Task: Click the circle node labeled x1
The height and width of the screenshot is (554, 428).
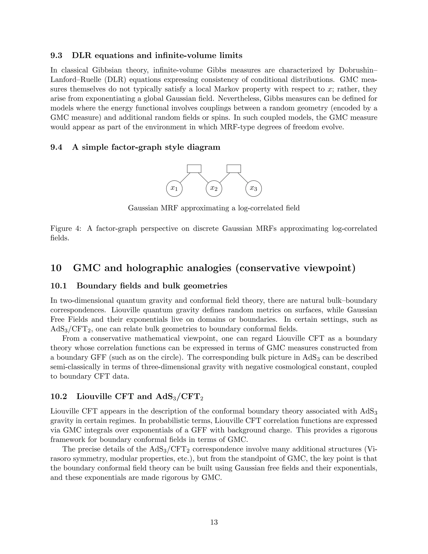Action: pyautogui.click(x=174, y=189)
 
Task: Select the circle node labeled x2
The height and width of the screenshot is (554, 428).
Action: pyautogui.click(x=214, y=189)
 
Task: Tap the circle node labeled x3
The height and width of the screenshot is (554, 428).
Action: pyautogui.click(x=253, y=189)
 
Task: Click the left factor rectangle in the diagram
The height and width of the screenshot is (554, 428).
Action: pyautogui.click(x=194, y=169)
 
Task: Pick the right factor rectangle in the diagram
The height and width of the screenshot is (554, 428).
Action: pyautogui.click(x=233, y=169)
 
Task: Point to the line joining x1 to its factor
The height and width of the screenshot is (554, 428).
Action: pyautogui.click(x=185, y=178)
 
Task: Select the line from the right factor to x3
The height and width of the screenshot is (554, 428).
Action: pyautogui.click(x=243, y=178)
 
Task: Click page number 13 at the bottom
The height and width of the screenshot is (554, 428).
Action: pyautogui.click(x=214, y=522)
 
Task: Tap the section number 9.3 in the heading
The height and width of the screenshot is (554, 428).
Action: pyautogui.click(x=56, y=56)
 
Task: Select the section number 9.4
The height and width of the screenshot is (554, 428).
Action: pyautogui.click(x=56, y=147)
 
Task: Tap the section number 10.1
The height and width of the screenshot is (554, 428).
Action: pyautogui.click(x=59, y=286)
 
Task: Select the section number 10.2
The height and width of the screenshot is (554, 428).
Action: pyautogui.click(x=59, y=396)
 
